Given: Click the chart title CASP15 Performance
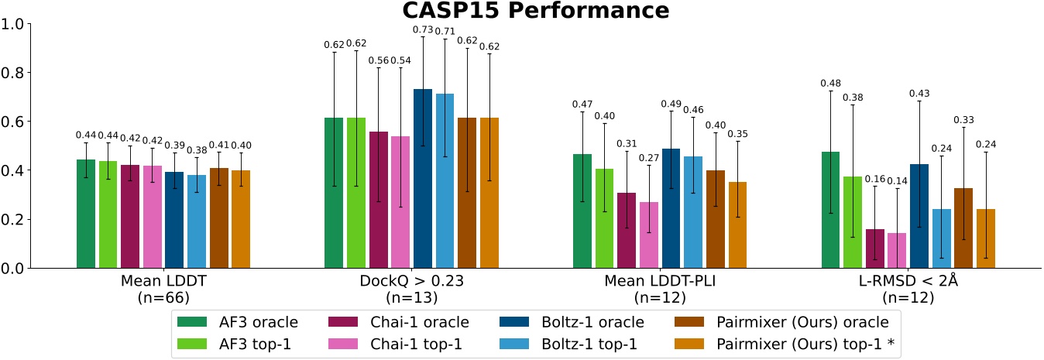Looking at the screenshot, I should point(534,11).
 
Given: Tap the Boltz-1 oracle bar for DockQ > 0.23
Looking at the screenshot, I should point(423,179).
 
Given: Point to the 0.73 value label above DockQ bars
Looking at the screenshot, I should point(423,29).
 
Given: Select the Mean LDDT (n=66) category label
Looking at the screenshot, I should point(163,289).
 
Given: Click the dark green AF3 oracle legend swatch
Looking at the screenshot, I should point(193,321).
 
